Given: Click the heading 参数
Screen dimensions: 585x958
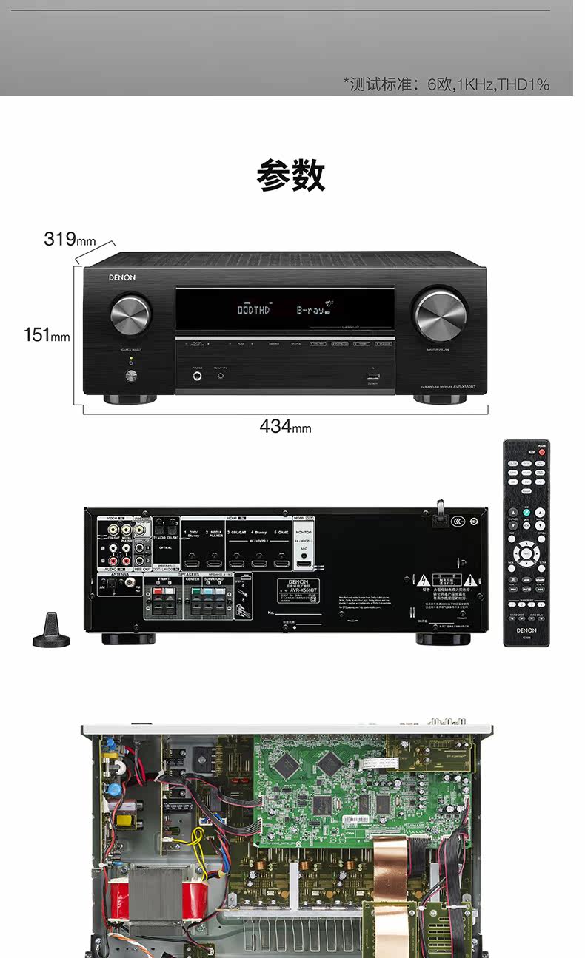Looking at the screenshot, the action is click(291, 176).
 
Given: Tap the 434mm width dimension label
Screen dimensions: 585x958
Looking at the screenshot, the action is click(285, 426).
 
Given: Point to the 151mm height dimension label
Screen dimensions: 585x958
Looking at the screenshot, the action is click(47, 335).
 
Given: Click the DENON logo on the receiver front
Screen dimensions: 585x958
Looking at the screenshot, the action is click(122, 278).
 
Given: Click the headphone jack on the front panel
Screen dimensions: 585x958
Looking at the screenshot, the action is click(198, 377).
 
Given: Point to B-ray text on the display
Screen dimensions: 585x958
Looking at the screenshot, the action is click(310, 310).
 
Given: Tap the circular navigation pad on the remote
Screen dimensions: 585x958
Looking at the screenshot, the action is click(526, 553).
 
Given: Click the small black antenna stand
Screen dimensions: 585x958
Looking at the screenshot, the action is click(51, 631).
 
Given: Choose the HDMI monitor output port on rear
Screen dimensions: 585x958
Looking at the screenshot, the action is click(304, 564).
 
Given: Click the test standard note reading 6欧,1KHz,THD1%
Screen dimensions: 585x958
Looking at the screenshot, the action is click(447, 84).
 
